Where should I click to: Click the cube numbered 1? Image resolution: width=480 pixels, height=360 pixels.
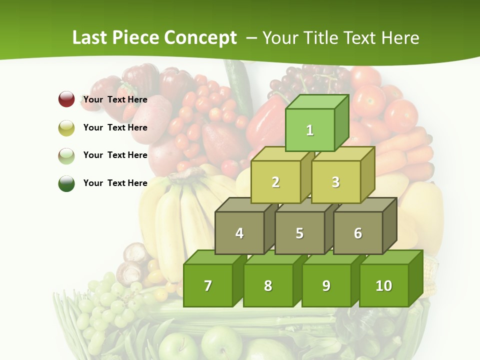310,130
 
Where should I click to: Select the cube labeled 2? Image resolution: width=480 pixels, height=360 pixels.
275,182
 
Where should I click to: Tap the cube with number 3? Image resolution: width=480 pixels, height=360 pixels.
335,182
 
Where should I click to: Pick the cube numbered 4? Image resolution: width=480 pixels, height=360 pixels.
239,233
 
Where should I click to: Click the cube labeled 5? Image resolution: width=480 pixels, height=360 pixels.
299,233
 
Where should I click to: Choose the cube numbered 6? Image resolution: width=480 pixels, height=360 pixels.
358,233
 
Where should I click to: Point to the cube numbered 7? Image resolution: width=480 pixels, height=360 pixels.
208,285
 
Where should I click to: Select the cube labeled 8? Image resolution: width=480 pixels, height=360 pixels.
268,285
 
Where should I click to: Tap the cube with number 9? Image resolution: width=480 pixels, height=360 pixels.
326,285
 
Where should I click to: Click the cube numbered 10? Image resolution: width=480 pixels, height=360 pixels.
384,285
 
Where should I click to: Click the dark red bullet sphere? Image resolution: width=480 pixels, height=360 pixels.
66,99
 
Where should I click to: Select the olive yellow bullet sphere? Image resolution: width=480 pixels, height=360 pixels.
66,127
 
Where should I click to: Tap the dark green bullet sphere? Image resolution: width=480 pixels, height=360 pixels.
66,183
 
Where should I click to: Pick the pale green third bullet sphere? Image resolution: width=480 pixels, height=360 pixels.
66,155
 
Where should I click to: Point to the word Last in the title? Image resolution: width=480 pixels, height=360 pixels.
90,38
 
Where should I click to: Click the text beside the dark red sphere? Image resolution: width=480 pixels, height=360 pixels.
115,99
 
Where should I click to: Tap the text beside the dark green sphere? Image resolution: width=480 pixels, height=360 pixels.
115,183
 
